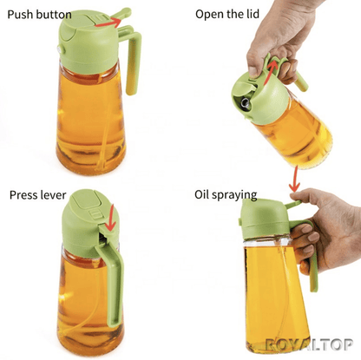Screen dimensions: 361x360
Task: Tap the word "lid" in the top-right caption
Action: tap(253, 14)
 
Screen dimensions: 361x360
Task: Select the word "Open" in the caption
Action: tap(207, 14)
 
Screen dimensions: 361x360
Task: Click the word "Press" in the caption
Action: tap(24, 195)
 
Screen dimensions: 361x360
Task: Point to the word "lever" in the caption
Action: tap(54, 195)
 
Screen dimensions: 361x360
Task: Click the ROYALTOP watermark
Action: tap(309, 344)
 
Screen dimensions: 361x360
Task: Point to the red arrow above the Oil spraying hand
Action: tap(295, 180)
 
